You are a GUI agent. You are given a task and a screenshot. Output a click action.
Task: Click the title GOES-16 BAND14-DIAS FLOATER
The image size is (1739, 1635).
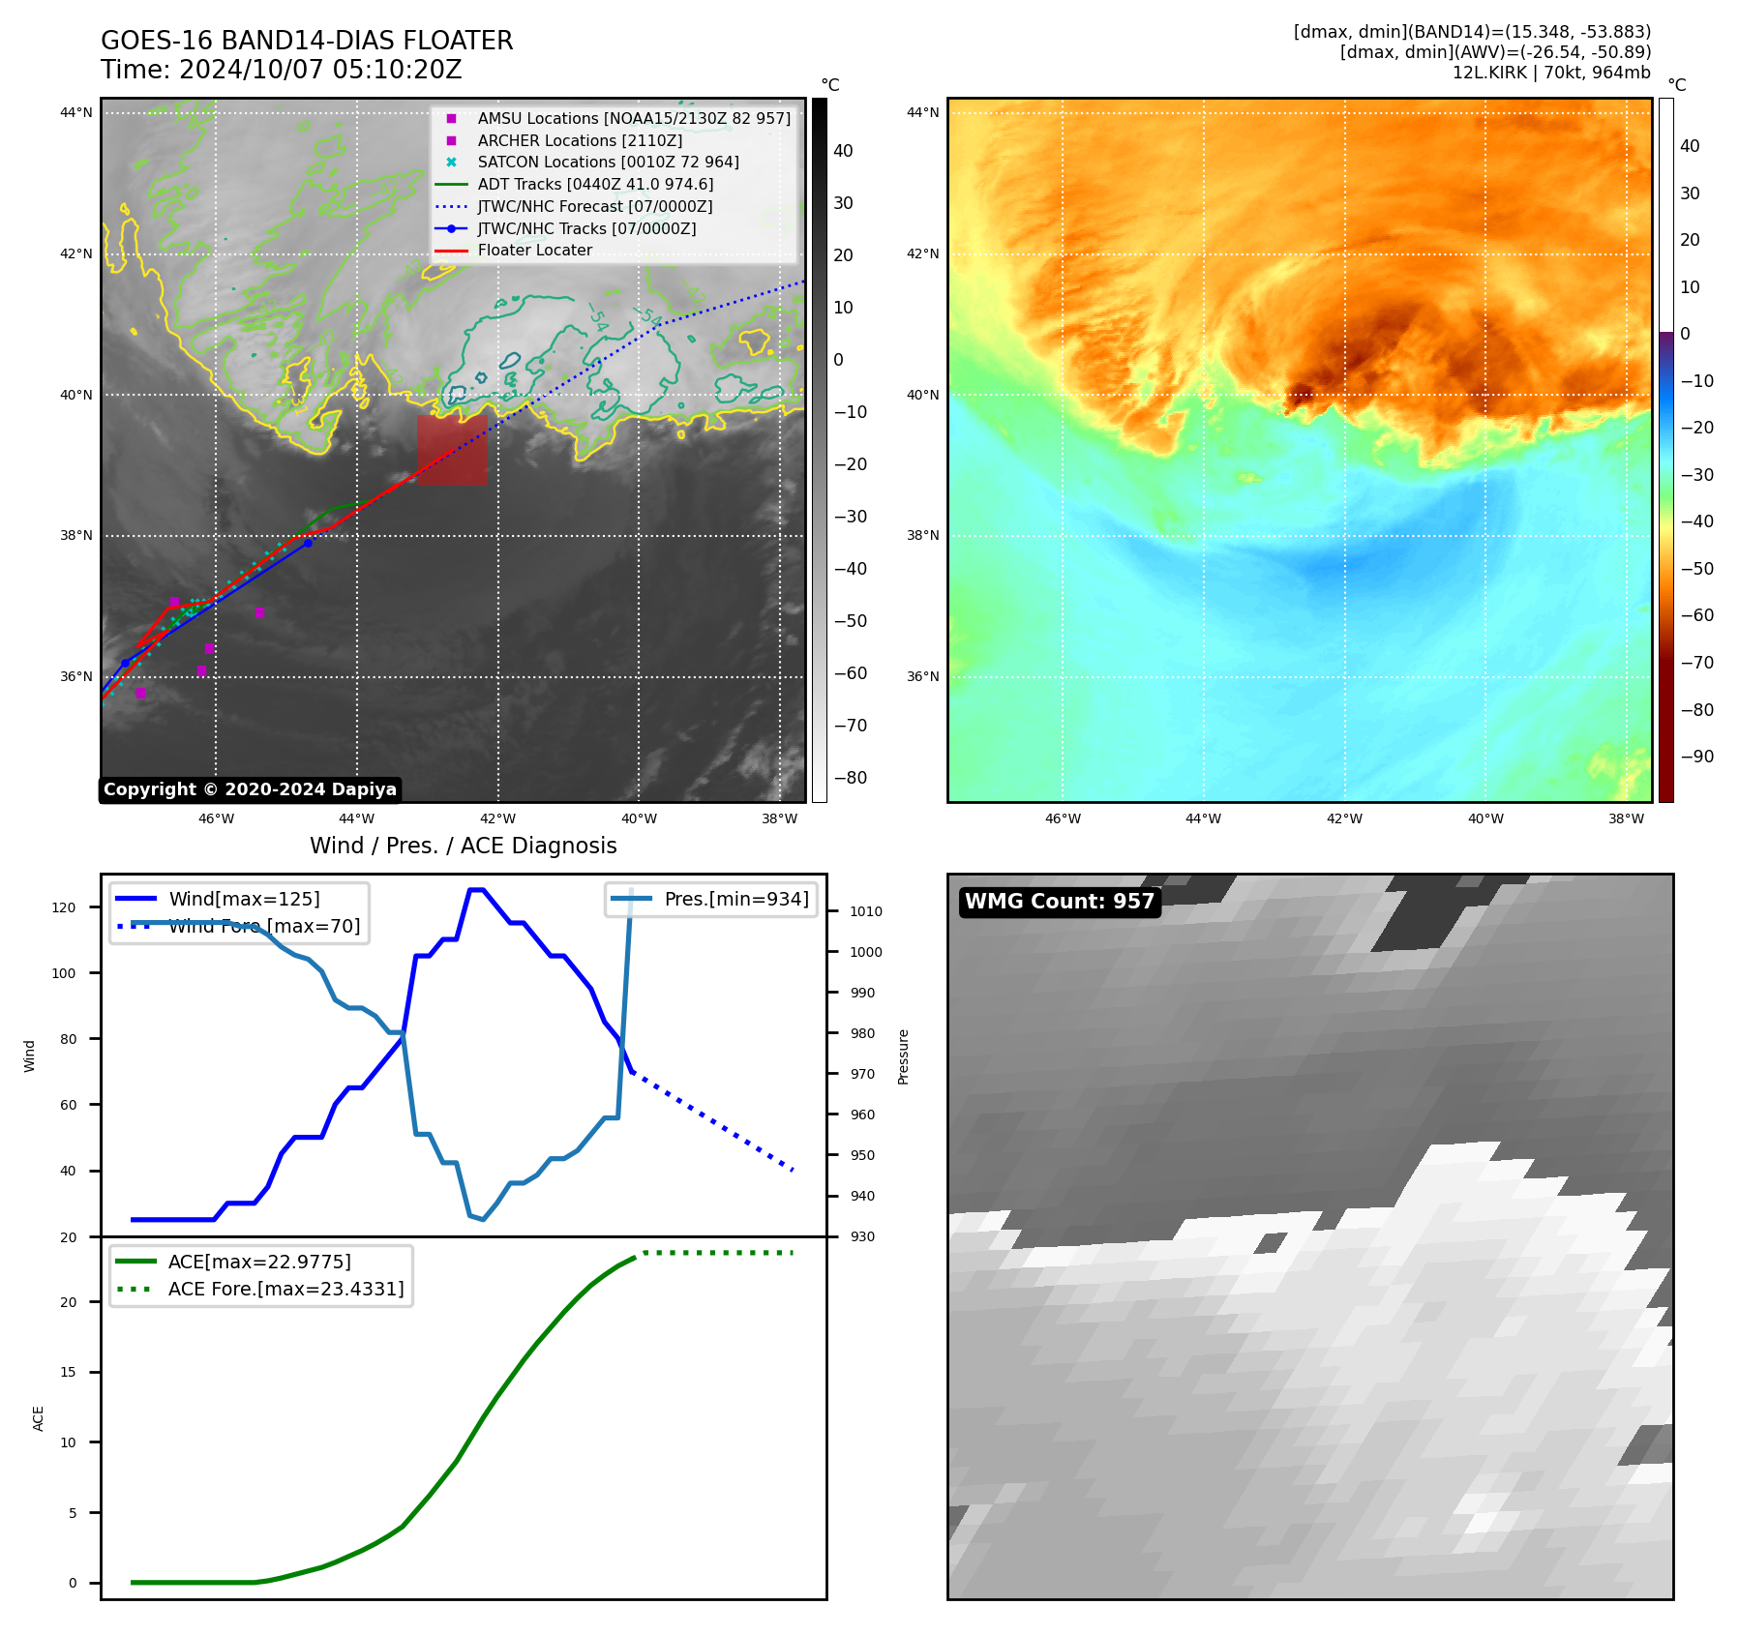coord(307,41)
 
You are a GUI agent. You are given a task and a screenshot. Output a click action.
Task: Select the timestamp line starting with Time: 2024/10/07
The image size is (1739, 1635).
coord(281,71)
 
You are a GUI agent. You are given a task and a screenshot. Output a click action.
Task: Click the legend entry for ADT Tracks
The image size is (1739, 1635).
coord(594,184)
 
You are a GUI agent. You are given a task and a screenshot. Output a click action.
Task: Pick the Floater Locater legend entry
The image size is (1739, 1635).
coord(534,250)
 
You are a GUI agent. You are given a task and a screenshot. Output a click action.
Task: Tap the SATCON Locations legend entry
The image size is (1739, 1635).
coord(607,162)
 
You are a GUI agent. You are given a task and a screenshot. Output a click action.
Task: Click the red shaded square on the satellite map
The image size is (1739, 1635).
coord(452,450)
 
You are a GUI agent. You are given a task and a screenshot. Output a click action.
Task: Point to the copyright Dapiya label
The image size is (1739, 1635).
coord(250,789)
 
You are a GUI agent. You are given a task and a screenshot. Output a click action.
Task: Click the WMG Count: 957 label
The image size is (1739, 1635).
coord(1060,902)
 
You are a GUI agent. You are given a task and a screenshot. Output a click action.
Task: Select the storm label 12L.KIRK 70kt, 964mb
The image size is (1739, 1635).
coord(1550,73)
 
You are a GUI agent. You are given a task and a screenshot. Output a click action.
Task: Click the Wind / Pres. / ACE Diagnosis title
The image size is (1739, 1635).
coord(463,846)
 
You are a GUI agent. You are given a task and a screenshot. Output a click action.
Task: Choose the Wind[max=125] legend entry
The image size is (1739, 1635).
coord(243,899)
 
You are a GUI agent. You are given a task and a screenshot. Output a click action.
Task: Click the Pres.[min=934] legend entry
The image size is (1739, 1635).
coord(735,899)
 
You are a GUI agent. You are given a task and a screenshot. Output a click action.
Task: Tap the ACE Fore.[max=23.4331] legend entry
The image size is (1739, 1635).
coord(285,1289)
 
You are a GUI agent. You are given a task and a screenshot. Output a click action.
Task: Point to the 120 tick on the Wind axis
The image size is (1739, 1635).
coord(64,907)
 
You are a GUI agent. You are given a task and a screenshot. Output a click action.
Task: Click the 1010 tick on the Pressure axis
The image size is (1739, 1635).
coord(866,911)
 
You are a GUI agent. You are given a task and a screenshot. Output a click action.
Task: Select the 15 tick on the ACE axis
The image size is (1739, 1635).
coord(68,1372)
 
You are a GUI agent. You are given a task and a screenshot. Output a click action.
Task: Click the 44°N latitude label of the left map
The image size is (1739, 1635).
coord(76,112)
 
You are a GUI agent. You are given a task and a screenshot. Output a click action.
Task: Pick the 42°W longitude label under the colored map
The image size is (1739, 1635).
coord(1344,818)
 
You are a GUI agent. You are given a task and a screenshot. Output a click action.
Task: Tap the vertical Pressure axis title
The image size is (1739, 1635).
coord(903,1056)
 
